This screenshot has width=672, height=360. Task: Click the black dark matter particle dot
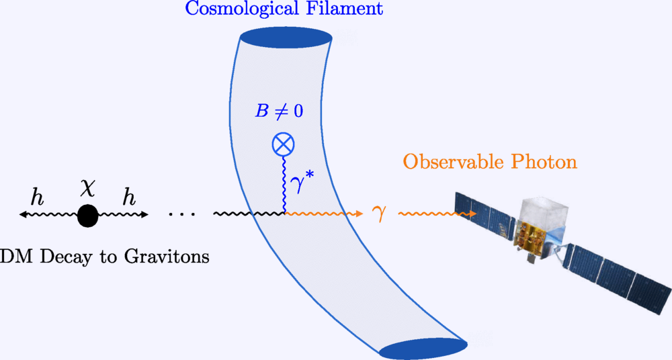point(88,216)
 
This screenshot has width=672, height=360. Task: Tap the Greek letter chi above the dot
point(88,189)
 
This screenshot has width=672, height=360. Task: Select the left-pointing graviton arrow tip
point(22,215)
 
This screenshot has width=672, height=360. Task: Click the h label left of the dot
point(37,197)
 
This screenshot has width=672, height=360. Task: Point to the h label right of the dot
point(129,197)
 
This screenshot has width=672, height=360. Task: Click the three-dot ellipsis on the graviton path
point(181,213)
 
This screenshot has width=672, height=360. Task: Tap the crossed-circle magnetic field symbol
point(284,144)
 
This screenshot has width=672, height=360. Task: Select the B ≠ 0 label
point(279,111)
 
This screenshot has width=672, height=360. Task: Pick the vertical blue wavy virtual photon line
point(284,184)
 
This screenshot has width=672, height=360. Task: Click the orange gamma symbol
point(379,214)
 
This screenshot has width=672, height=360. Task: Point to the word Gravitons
point(167,257)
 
